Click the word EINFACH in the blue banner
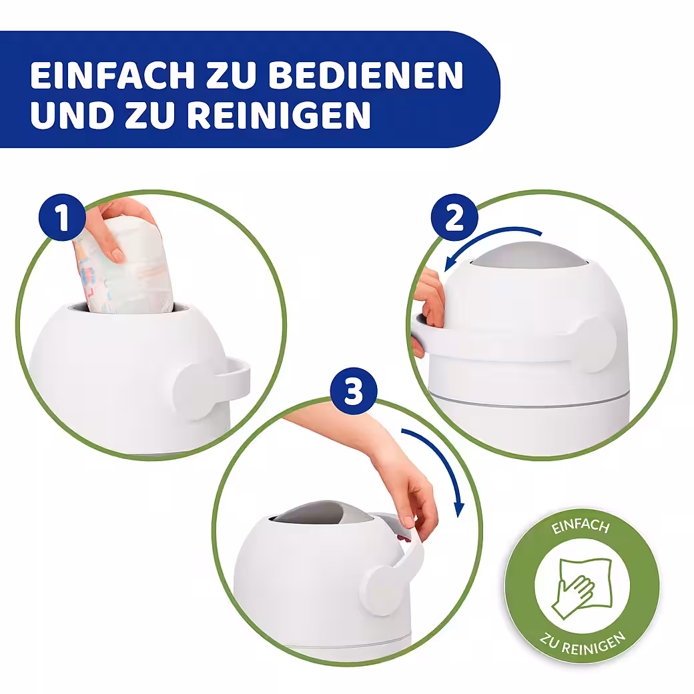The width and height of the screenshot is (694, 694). pos(112,75)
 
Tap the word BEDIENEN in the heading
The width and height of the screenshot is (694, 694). pos(366,75)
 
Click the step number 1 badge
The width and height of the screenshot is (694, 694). pos(62,217)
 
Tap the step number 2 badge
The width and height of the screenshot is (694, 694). pos(454,218)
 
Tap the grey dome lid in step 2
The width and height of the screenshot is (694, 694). pos(529,256)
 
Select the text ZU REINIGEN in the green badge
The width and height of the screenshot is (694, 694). pos(582,644)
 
